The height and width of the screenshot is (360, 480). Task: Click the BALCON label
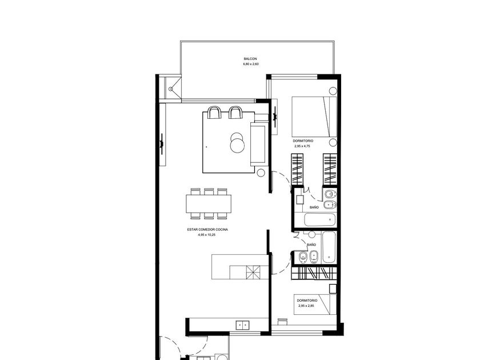250,59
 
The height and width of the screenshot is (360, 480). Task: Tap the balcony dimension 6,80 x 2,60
251,64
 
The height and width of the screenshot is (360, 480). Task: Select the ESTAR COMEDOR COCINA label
207,230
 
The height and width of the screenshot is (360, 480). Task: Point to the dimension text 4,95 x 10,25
206,235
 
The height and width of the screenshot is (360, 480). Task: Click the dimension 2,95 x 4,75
302,146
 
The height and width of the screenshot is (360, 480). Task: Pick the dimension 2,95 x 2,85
306,306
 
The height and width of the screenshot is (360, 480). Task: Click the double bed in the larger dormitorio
314,117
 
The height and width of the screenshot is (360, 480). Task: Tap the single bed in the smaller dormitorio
315,305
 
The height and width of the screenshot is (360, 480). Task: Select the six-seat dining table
209,204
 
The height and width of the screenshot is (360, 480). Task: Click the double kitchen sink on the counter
242,325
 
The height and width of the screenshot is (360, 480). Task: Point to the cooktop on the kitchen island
253,272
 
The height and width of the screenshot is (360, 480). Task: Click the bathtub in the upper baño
319,220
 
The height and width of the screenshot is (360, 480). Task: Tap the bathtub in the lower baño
329,247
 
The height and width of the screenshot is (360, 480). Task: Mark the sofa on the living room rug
258,143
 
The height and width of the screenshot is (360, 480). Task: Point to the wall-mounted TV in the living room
162,143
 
